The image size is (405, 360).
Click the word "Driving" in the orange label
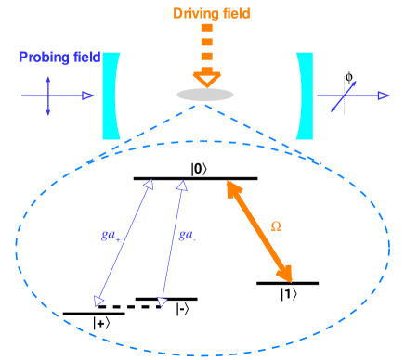coord(191,13)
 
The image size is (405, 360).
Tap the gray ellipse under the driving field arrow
coord(205,95)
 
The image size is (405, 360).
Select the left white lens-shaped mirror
coord(127,95)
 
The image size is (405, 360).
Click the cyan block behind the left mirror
coord(110,96)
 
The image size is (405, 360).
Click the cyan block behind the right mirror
coord(307,96)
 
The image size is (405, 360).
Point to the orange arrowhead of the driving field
coord(206,78)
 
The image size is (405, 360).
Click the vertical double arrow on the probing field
coord(48,96)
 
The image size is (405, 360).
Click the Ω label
coord(276,225)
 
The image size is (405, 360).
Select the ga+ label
coord(110,235)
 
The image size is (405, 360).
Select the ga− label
coord(187,235)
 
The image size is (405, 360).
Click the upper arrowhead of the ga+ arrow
coord(147,186)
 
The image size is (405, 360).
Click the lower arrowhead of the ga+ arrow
coord(98,301)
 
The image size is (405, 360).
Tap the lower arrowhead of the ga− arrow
coord(162,302)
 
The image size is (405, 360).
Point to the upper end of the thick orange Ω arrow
coord(233,188)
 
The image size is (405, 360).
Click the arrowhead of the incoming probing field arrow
coord(88,96)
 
